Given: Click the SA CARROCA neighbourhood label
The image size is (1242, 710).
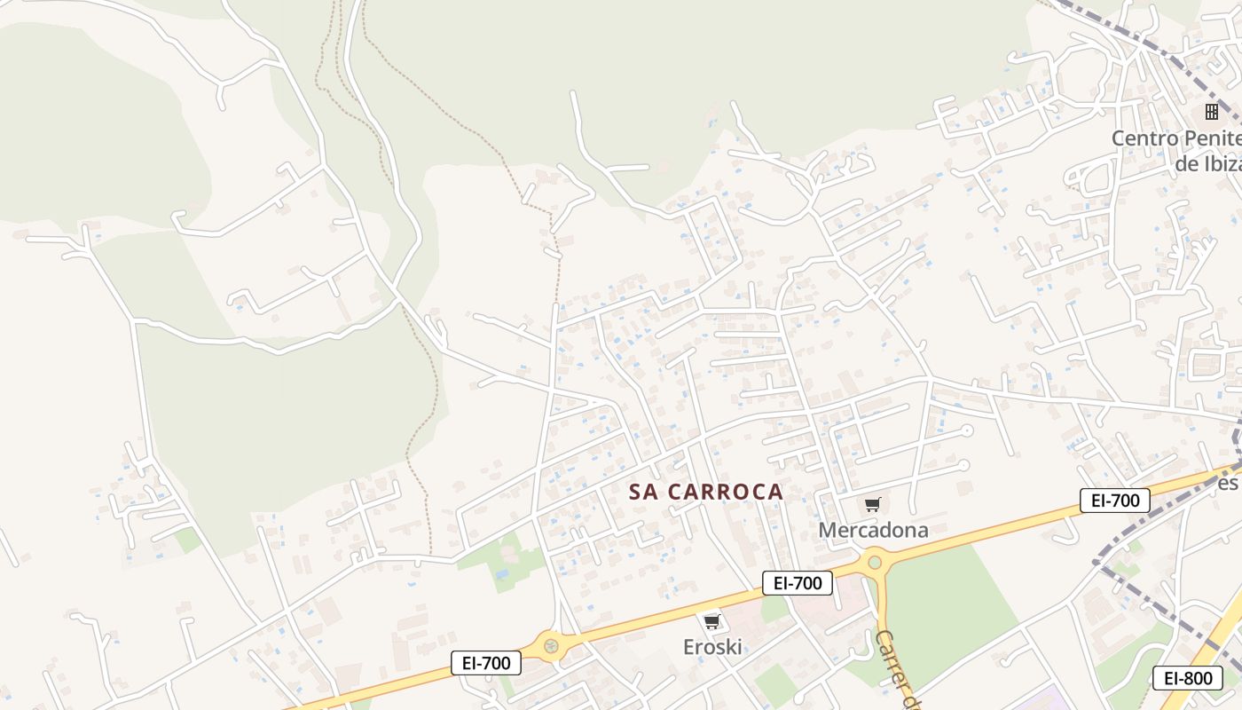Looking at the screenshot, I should [706, 492].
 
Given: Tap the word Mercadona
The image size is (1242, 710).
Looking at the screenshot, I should [873, 530].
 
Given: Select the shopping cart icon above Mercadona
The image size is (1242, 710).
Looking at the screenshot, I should [873, 505].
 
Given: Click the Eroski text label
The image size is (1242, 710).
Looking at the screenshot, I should [711, 647].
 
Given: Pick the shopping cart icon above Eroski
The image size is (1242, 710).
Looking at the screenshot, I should [711, 621].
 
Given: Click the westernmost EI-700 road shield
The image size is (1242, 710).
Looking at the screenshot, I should [486, 662].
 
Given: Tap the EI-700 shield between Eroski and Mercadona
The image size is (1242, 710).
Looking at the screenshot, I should [797, 583].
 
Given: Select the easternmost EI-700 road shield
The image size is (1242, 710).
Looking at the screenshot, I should [1114, 501].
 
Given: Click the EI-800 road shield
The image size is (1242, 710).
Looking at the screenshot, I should [1187, 678].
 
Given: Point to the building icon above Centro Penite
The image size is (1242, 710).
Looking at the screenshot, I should [1211, 112].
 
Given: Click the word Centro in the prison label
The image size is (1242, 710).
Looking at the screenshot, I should [1144, 138].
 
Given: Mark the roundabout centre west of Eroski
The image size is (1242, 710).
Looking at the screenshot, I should [551, 645].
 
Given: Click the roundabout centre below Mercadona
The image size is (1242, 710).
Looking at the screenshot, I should [875, 561].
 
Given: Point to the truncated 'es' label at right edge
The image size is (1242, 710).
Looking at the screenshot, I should [1228, 483].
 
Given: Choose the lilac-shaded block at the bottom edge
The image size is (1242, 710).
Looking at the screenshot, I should [1047, 701].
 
